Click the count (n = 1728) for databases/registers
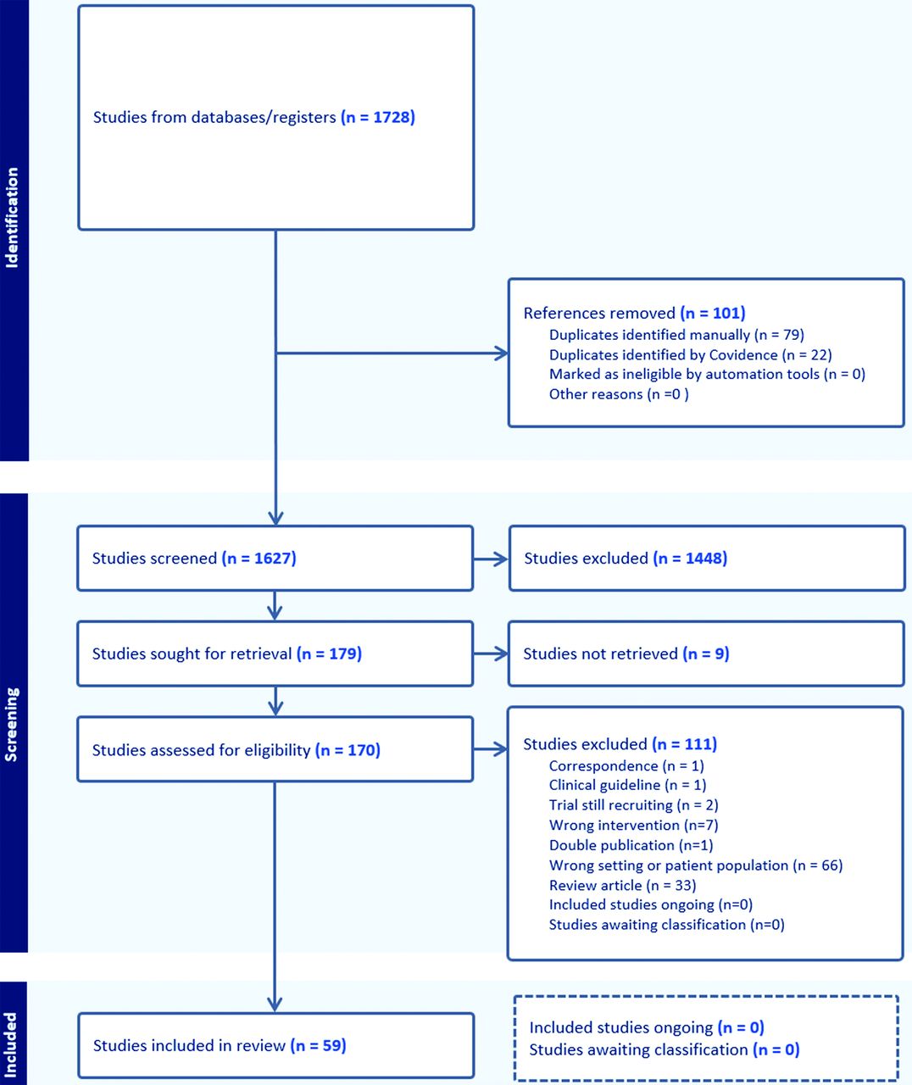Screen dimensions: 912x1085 coord(378,118)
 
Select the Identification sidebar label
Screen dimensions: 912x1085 coord(11,218)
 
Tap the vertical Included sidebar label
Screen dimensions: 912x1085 coord(10,1045)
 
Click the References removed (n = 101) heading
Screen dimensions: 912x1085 coord(635,313)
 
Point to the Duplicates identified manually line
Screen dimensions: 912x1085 coord(676,335)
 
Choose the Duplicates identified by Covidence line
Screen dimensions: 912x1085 coord(691,354)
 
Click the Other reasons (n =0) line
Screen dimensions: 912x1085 coord(619,394)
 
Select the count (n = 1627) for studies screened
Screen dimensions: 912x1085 coord(259,558)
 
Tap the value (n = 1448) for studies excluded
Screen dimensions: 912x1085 coord(690,558)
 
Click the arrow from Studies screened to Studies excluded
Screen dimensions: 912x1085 coord(491,559)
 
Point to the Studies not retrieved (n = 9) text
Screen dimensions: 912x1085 coord(626,654)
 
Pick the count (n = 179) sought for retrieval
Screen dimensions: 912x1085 coord(329,654)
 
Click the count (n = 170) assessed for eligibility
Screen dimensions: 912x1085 coord(348,750)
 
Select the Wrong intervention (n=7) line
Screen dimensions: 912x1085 coord(633,825)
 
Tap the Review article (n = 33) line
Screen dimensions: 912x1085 coord(623,885)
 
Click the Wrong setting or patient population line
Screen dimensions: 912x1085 coord(696,865)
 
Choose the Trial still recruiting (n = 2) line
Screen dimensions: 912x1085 coord(633,805)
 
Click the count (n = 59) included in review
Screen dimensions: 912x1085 coord(318,1045)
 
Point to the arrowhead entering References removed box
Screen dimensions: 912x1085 coord(502,353)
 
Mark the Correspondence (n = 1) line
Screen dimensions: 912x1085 coord(626,765)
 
